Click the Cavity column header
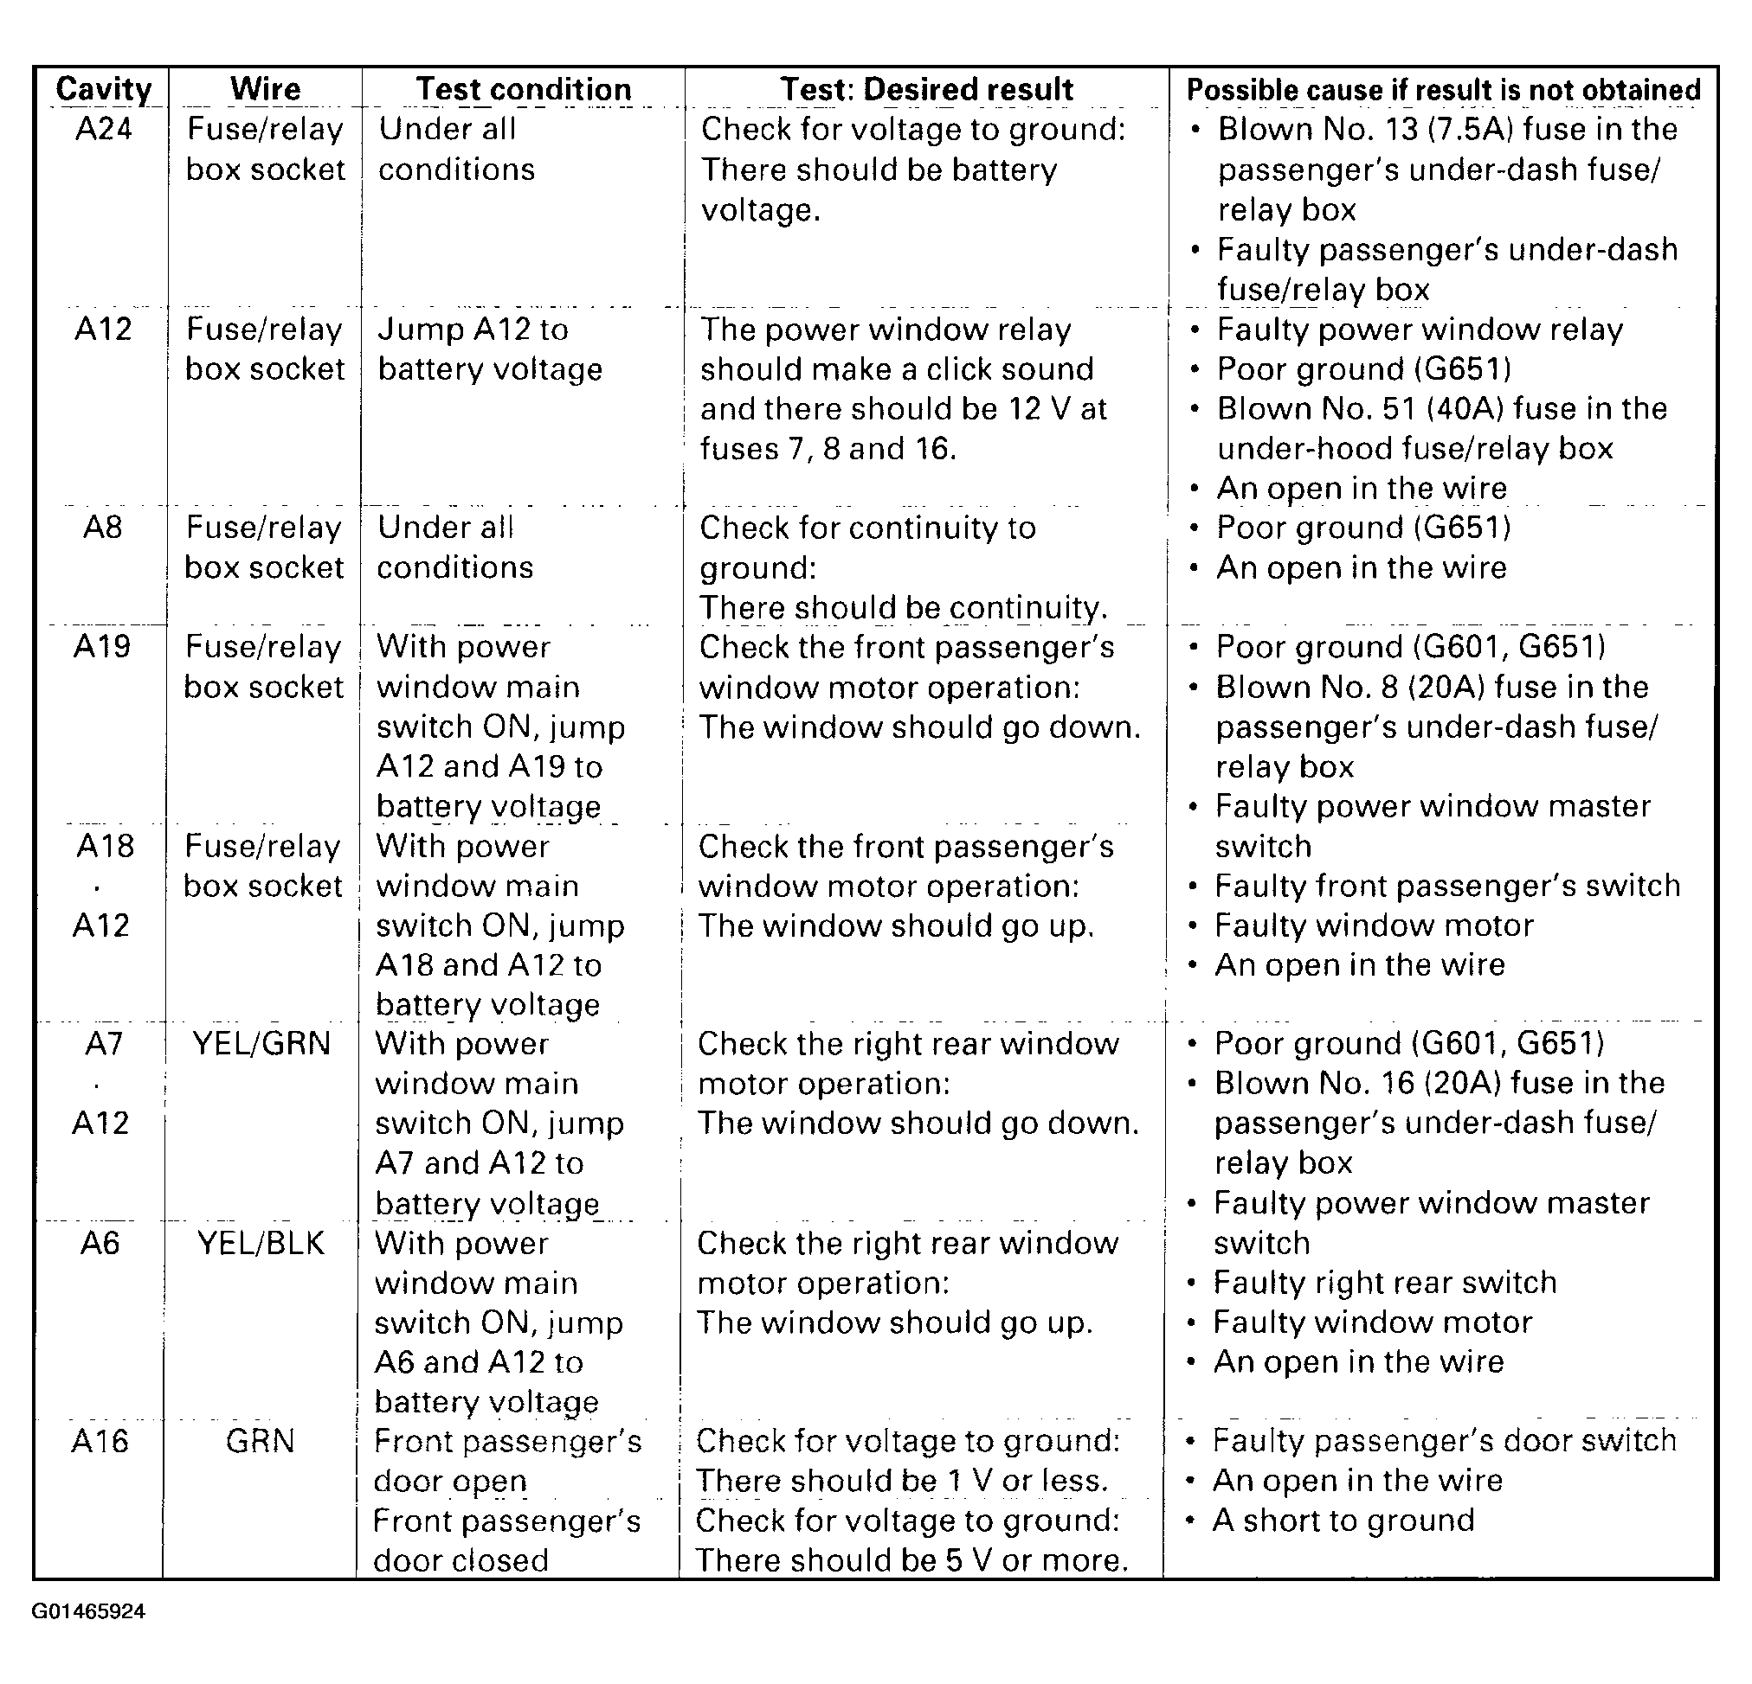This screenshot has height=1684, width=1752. tap(104, 89)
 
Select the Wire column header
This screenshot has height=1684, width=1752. tap(266, 89)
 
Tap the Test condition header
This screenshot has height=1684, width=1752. tap(524, 89)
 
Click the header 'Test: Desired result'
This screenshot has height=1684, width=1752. tap(926, 89)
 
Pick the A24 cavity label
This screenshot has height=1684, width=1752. tap(104, 130)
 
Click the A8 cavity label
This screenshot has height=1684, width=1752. tap(103, 527)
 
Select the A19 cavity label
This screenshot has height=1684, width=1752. tap(102, 646)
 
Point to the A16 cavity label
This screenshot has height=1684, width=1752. tap(100, 1441)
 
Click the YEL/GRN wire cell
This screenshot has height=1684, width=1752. tap(262, 1043)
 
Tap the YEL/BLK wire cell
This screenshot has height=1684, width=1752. tap(261, 1243)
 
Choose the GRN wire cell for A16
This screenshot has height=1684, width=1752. tap(261, 1441)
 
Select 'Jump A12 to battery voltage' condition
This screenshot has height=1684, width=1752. tap(490, 349)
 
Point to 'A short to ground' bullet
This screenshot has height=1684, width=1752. tap(1343, 1520)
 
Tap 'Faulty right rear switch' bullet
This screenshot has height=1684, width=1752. tap(1385, 1282)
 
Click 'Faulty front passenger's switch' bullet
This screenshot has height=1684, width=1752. tap(1447, 886)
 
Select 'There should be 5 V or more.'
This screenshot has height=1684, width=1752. tap(911, 1559)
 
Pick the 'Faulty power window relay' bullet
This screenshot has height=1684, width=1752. tap(1420, 330)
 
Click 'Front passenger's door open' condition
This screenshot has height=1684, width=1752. tap(507, 1461)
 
